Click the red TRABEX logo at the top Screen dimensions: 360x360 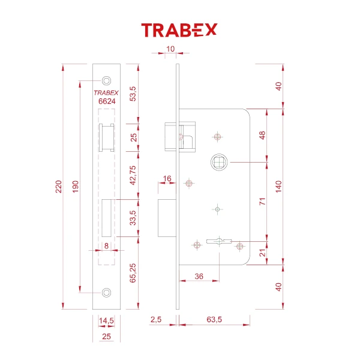coord(179,29)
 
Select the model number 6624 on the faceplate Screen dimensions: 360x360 coord(107,102)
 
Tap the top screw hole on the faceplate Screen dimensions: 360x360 coord(107,80)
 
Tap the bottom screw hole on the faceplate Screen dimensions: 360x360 coord(107,292)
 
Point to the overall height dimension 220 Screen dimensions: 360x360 coord(58,188)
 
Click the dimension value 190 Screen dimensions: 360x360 coord(76,188)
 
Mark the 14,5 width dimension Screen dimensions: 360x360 coord(107,322)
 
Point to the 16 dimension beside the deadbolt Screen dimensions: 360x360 coord(166,179)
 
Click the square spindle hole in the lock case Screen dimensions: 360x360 coord(218,161)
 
